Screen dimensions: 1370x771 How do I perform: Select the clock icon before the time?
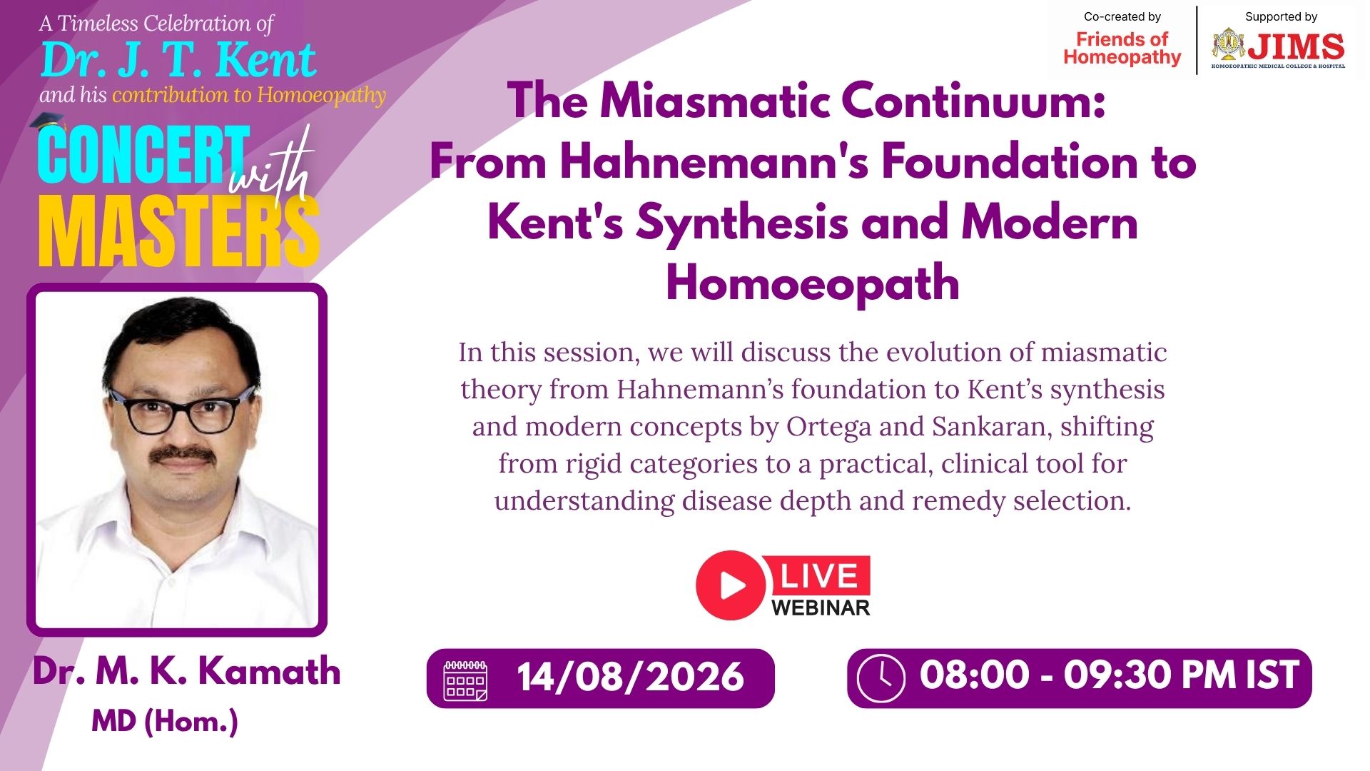tap(881, 678)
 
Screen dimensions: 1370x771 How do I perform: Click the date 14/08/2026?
tap(630, 677)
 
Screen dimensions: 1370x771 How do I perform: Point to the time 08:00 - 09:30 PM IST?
tap(1110, 675)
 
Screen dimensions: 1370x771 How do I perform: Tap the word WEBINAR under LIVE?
tap(821, 608)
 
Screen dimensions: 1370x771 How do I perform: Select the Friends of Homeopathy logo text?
tap(1122, 48)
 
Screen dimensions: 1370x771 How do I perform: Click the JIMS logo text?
tap(1295, 47)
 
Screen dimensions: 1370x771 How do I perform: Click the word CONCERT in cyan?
tap(143, 154)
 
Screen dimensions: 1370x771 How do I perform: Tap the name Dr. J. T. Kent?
tap(178, 59)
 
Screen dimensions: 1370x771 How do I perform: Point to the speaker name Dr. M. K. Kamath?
tap(186, 671)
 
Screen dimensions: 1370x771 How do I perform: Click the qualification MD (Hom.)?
tap(165, 721)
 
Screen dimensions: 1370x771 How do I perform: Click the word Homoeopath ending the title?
tap(813, 283)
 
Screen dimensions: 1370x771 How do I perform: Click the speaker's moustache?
tap(185, 454)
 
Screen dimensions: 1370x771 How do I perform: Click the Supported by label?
tap(1281, 16)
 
